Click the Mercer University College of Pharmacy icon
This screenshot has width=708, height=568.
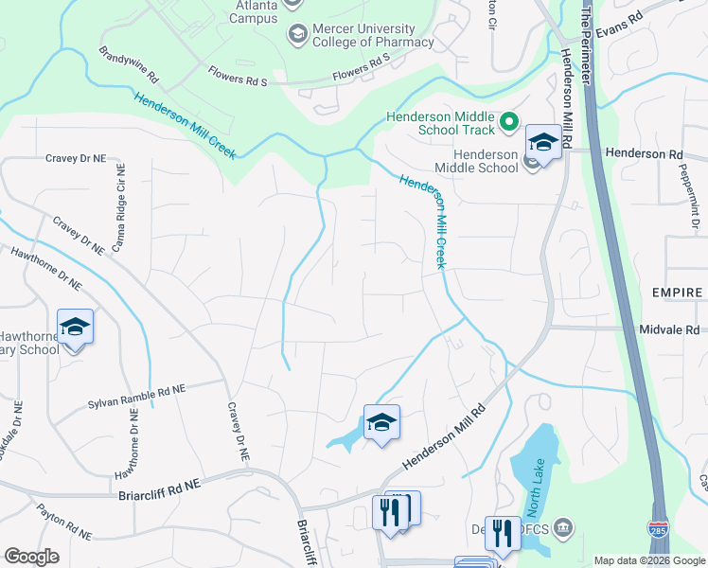pyautogui.click(x=297, y=34)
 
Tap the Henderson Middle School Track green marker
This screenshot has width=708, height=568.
pyautogui.click(x=508, y=120)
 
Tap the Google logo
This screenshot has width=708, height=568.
pyautogui.click(x=31, y=557)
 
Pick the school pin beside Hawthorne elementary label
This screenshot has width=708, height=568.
pyautogui.click(x=76, y=328)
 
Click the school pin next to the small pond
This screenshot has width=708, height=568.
pyautogui.click(x=381, y=423)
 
